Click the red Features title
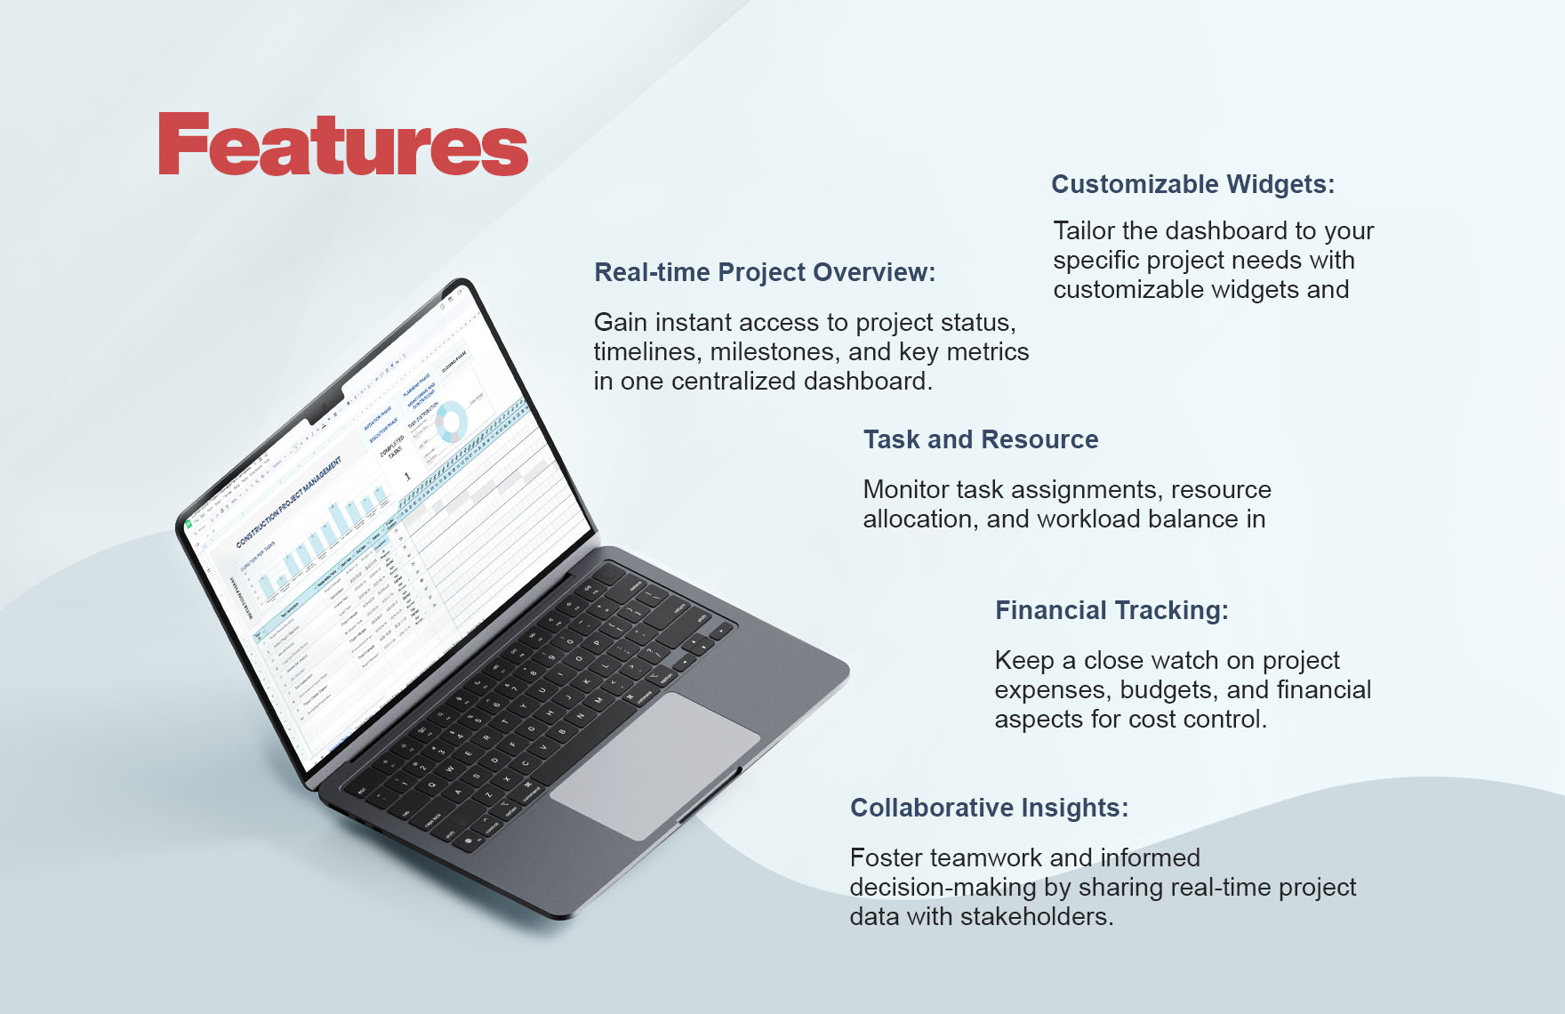pyautogui.click(x=343, y=145)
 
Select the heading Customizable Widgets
pyautogui.click(x=1192, y=184)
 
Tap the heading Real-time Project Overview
pyautogui.click(x=765, y=272)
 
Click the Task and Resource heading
pyautogui.click(x=981, y=439)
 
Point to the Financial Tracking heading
pyautogui.click(x=1112, y=610)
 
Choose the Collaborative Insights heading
pyautogui.click(x=989, y=808)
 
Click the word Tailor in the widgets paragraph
pyautogui.click(x=1084, y=231)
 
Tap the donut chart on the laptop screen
pyautogui.click(x=452, y=421)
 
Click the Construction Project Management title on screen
pyautogui.click(x=289, y=502)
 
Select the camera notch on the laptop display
pyautogui.click(x=325, y=406)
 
